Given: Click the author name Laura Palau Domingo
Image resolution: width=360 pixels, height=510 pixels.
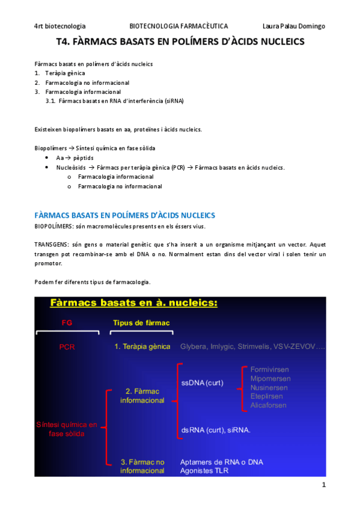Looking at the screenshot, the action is pos(294,26).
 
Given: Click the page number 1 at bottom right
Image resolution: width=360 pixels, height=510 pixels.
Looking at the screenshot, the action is pos(323,485).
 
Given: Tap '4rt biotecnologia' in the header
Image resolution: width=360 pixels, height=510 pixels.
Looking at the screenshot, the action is pos(60,26).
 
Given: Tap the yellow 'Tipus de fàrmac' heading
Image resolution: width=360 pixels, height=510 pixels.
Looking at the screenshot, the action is pos(141,323).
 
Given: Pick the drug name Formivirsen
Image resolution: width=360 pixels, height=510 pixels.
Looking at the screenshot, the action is pos(270,369).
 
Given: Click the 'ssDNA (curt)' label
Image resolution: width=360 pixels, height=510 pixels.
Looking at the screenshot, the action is pos(202,382).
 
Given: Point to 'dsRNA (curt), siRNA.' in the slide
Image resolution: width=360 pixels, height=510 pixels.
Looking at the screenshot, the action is pos(215,430).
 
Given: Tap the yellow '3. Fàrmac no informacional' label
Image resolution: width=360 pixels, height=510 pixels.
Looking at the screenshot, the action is pos(142,466).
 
